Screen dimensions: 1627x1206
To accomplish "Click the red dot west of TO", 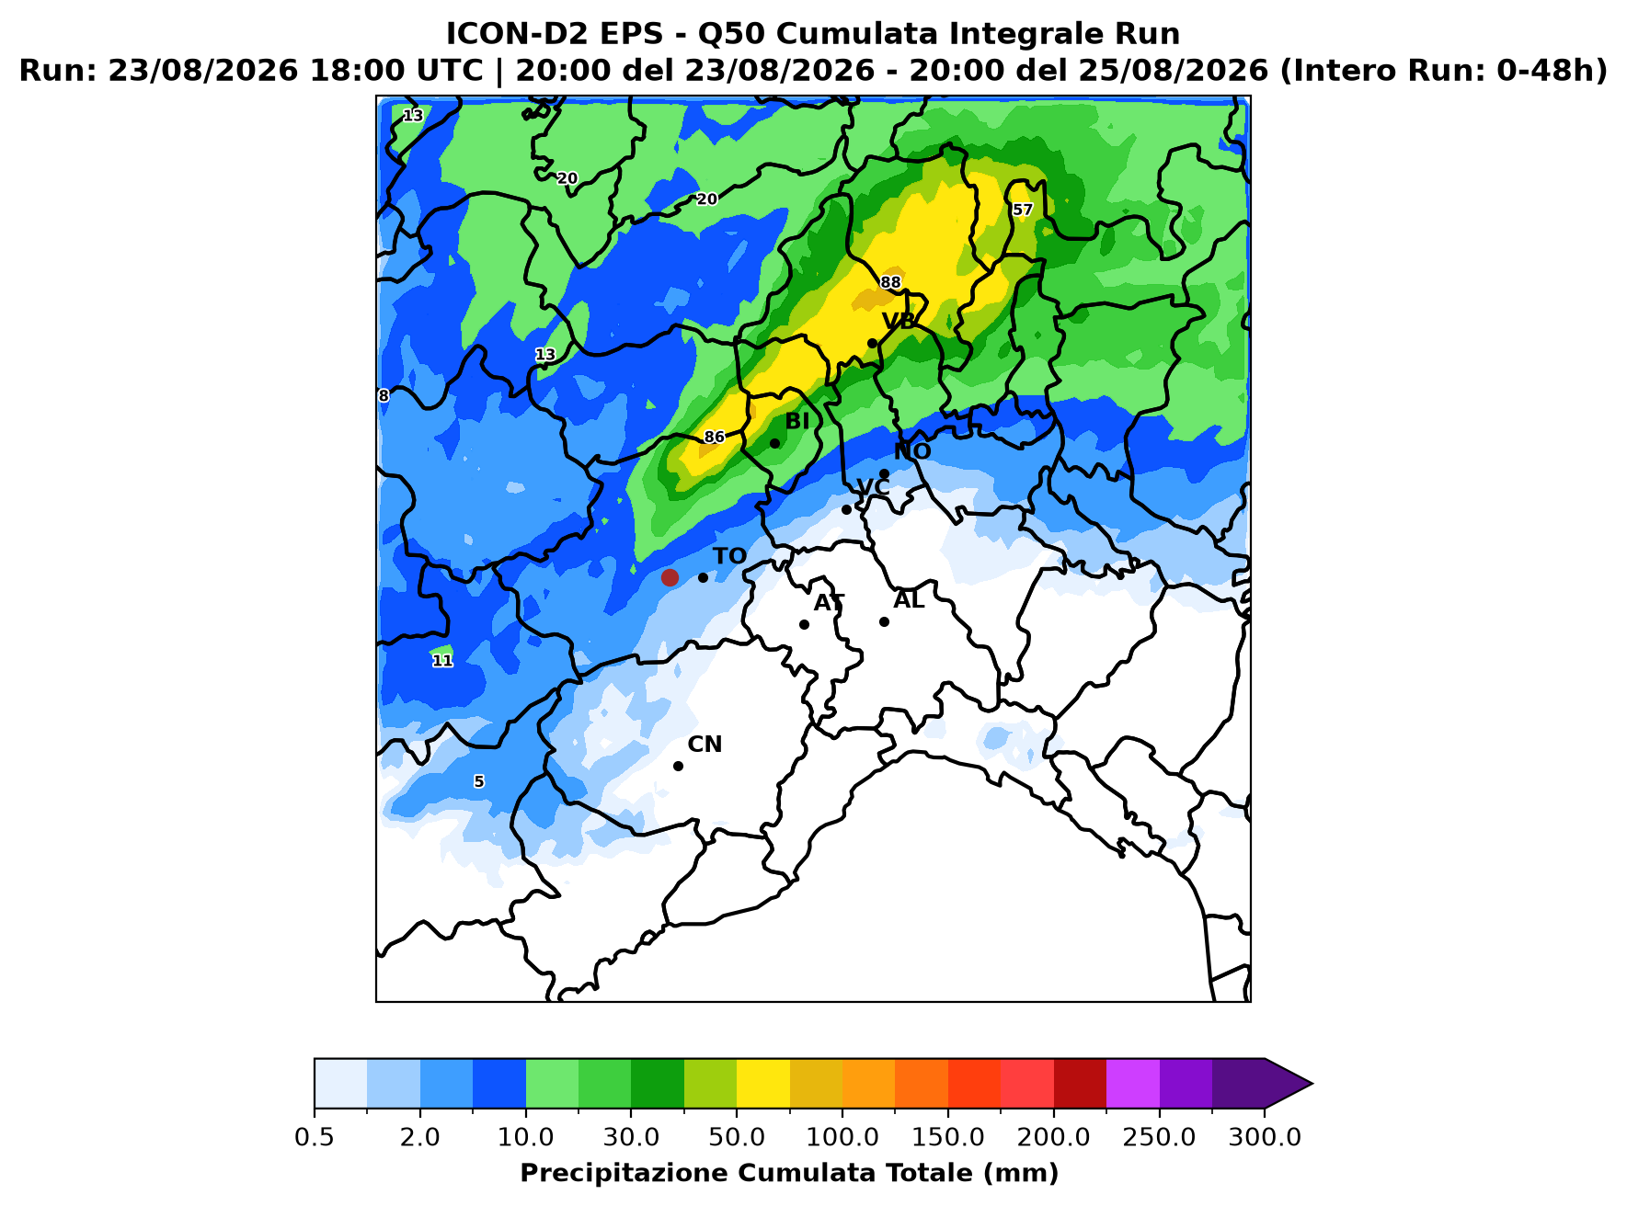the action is click(670, 577).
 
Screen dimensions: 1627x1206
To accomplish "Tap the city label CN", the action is click(705, 745).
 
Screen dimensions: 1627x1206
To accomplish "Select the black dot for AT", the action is click(804, 624).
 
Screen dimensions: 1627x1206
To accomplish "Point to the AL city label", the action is click(909, 600).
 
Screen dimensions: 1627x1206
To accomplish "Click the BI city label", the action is click(797, 421).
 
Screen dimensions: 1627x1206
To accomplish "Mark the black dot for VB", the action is click(872, 344).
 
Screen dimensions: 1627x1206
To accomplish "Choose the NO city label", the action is click(912, 451).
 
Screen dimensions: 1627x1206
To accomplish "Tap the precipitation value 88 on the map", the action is click(890, 282).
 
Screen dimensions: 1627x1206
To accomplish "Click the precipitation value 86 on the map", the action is click(715, 438).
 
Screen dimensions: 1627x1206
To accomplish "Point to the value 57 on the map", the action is click(1023, 210).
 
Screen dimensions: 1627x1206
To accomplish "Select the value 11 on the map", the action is click(442, 661).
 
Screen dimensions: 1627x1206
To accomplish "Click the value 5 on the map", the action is click(478, 782).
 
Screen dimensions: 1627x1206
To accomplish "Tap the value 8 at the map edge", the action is click(384, 396).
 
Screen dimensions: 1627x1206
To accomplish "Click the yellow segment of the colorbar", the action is click(763, 1084).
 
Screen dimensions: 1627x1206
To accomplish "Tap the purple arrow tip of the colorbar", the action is click(1312, 1084).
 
